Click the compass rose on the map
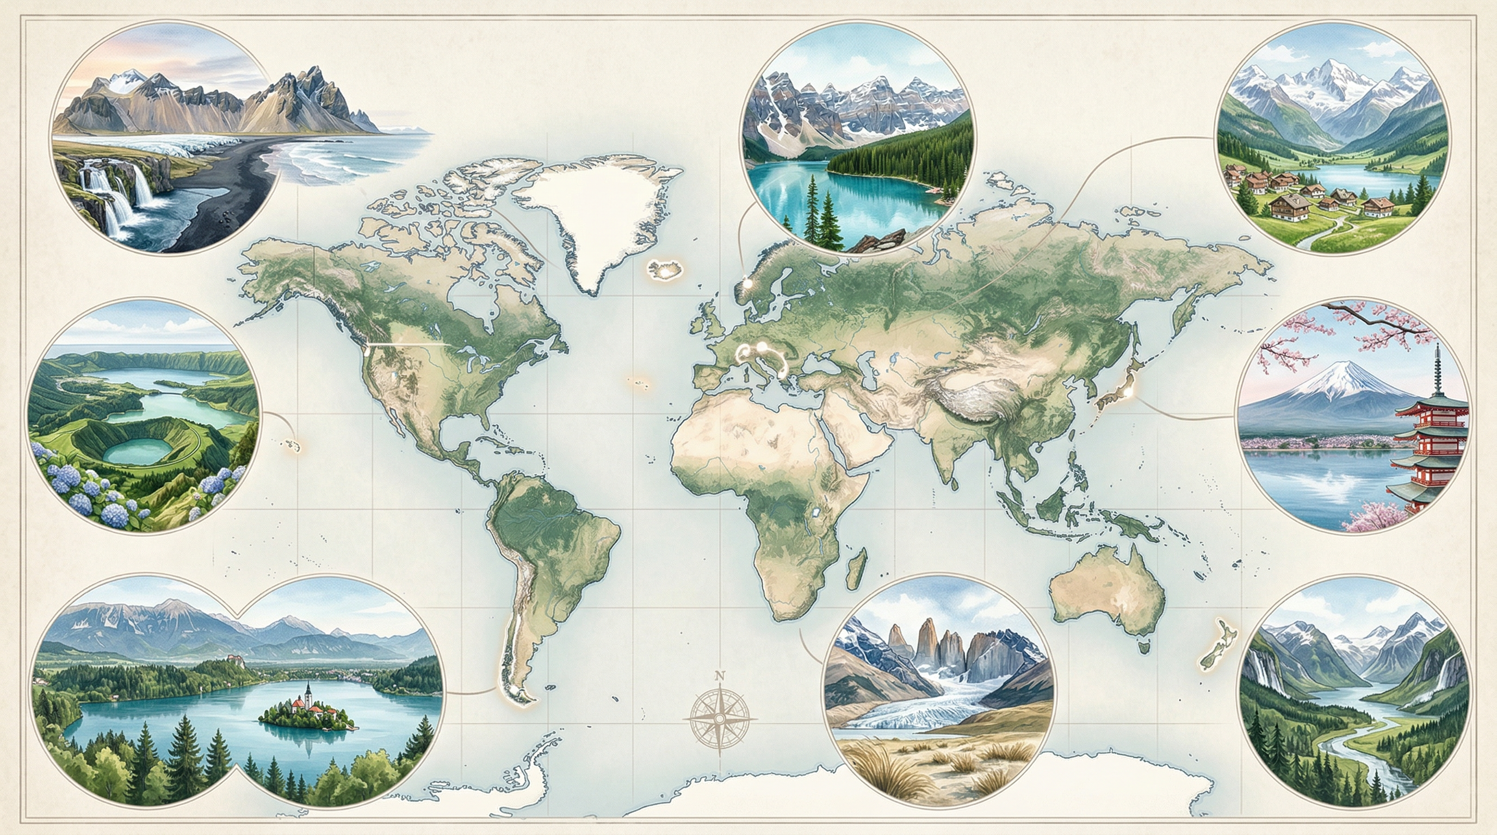click(x=720, y=718)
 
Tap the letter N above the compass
click(x=720, y=676)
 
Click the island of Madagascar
click(x=856, y=570)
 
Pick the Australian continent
click(x=1104, y=593)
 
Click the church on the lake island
click(x=308, y=697)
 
